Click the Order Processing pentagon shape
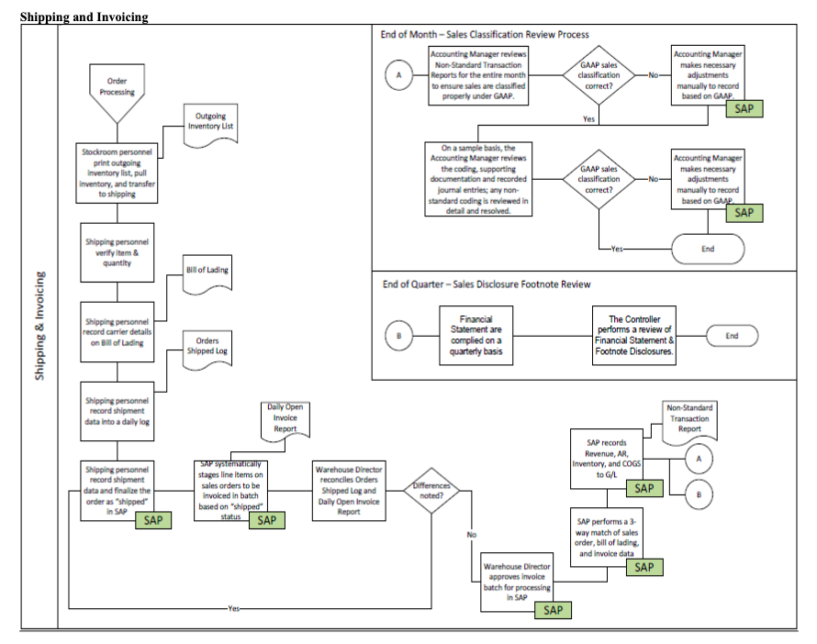117,90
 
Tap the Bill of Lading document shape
207,272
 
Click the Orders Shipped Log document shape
203,346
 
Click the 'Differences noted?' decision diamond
432,491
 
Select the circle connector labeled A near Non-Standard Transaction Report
698,458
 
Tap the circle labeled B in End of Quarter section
398,336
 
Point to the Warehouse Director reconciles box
349,490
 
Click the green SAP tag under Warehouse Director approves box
553,610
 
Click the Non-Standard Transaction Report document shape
689,417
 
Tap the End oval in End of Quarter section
731,336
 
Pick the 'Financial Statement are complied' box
476,335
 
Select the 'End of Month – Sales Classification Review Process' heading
485,34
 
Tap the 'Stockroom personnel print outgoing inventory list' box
117,171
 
